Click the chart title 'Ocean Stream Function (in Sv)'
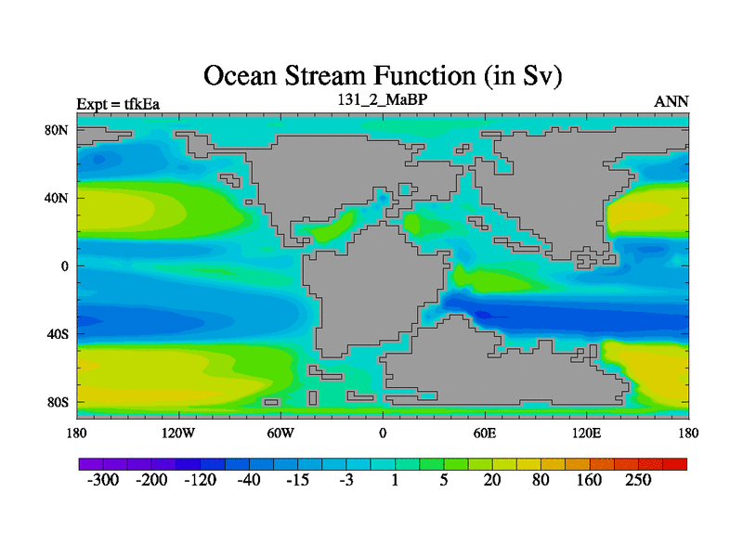pyautogui.click(x=383, y=76)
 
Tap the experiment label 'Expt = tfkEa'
pyautogui.click(x=118, y=104)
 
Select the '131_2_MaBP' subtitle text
pyautogui.click(x=383, y=99)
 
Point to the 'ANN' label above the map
pyautogui.click(x=671, y=102)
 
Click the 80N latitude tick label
pyautogui.click(x=57, y=130)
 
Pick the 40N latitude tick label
pyautogui.click(x=57, y=198)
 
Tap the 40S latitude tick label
pyautogui.click(x=58, y=334)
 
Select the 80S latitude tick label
pyautogui.click(x=58, y=403)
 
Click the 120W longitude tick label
pyautogui.click(x=178, y=434)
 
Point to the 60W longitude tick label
pyautogui.click(x=280, y=434)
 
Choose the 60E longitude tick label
pyautogui.click(x=485, y=434)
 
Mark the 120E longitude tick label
pyautogui.click(x=587, y=434)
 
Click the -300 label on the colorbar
pyautogui.click(x=103, y=480)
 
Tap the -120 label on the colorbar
pyautogui.click(x=200, y=480)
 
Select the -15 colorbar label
pyautogui.click(x=297, y=480)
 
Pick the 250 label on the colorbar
pyautogui.click(x=638, y=480)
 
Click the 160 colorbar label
pyautogui.click(x=589, y=480)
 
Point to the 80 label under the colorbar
pyautogui.click(x=541, y=480)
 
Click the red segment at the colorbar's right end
pyautogui.click(x=674, y=464)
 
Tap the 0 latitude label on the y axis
pyautogui.click(x=64, y=266)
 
